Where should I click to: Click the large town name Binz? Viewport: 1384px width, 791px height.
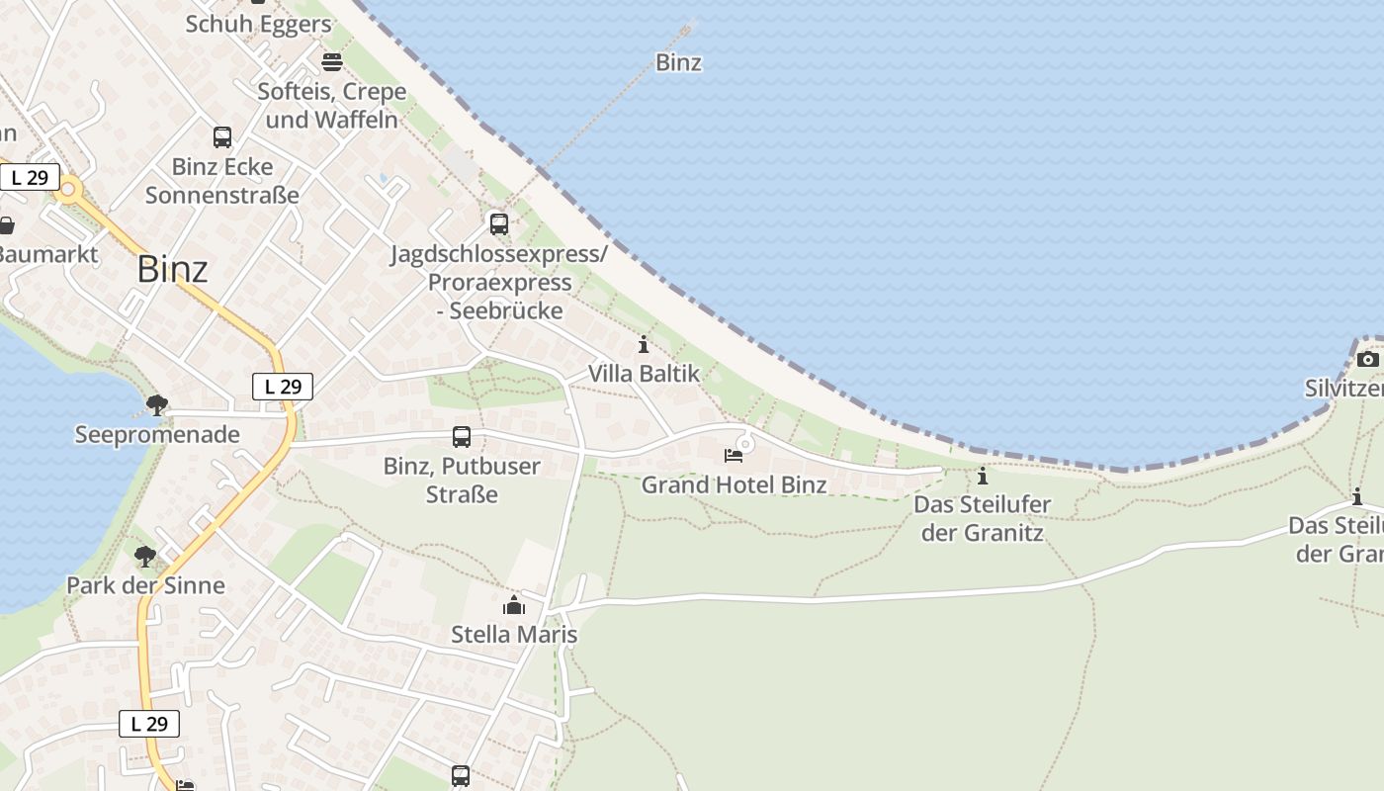tap(173, 269)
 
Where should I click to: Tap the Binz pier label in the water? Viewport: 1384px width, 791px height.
tap(678, 62)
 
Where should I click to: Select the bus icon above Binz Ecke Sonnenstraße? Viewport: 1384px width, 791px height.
tap(222, 137)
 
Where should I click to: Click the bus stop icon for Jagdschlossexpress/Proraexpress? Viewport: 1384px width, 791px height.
tap(499, 224)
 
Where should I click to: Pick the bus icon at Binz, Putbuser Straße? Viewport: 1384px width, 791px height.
tap(461, 437)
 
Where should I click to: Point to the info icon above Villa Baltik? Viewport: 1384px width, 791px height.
tap(644, 345)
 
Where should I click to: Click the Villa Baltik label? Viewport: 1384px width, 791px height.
tap(644, 374)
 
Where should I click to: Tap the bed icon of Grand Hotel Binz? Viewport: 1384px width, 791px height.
tap(734, 456)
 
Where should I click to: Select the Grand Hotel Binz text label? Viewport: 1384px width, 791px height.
tap(734, 484)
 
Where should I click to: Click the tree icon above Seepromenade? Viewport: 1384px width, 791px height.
tap(156, 404)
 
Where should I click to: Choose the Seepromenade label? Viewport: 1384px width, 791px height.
tap(157, 434)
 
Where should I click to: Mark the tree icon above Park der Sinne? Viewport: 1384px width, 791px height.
tap(145, 557)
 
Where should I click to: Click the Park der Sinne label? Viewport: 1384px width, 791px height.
tap(145, 585)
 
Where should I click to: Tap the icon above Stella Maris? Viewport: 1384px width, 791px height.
tap(514, 605)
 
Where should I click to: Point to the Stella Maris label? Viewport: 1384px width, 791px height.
tap(514, 634)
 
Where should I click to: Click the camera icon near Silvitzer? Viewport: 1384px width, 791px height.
tap(1367, 359)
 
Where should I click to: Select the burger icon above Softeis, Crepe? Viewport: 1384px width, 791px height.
tap(331, 62)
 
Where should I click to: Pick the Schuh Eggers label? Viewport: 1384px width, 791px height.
tap(258, 24)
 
